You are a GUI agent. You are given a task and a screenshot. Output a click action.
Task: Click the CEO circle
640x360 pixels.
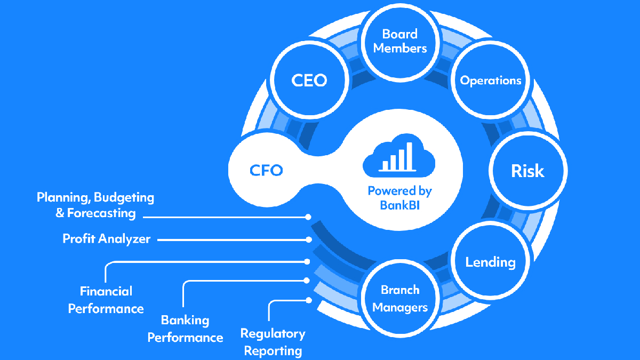[x=309, y=80]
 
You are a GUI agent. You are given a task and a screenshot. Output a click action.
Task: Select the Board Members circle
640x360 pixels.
[x=400, y=41]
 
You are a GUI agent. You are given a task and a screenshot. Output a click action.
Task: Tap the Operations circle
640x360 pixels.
[x=491, y=81]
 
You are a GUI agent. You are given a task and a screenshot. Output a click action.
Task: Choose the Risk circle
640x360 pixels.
[x=527, y=171]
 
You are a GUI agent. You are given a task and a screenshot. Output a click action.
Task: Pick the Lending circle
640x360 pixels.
[x=490, y=262]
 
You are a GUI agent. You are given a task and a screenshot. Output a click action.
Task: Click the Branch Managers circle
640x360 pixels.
[x=400, y=299]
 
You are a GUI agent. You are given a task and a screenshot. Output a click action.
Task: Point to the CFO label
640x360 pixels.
[x=266, y=171]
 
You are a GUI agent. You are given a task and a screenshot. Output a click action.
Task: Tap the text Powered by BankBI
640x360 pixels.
[x=399, y=197]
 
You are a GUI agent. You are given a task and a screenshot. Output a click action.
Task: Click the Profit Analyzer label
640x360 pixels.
[x=106, y=239]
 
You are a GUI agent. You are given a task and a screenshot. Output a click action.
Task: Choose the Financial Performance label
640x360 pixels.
[x=106, y=300]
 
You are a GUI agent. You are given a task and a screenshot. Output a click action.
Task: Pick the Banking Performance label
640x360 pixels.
[x=185, y=329]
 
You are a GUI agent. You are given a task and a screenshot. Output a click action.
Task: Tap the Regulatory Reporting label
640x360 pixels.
[x=273, y=342]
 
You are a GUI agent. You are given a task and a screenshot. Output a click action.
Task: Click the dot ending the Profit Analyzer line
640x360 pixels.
[x=308, y=240]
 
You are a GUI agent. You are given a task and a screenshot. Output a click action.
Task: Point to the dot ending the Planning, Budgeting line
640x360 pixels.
[x=308, y=217]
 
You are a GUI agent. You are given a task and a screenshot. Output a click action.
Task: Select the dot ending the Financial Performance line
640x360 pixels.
[x=308, y=261]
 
